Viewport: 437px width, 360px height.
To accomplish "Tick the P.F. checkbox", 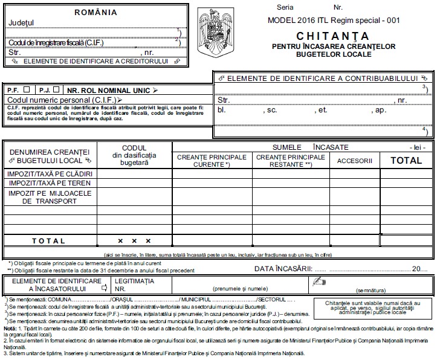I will pyautogui.click(x=26, y=89).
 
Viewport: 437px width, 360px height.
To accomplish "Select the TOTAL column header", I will pyautogui.click(x=406, y=161).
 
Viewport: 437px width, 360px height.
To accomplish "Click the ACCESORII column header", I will pyautogui.click(x=354, y=161).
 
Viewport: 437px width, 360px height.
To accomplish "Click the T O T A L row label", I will pyautogui.click(x=48, y=240).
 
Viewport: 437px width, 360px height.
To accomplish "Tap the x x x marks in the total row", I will pyautogui.click(x=134, y=240).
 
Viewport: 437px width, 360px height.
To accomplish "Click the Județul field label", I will pyautogui.click(x=22, y=23).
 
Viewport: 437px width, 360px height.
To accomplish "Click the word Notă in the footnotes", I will pyautogui.click(x=9, y=328).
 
